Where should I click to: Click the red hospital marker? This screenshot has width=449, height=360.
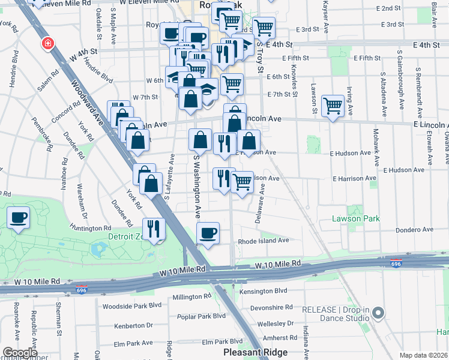click(47, 44)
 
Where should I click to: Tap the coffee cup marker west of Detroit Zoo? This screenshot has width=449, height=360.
click(19, 217)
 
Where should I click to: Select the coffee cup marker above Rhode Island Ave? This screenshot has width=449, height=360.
click(208, 233)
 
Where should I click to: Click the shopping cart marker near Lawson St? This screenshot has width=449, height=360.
click(333, 106)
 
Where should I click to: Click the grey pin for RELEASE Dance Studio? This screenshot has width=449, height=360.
click(378, 313)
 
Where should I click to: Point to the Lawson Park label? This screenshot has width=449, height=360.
click(356, 219)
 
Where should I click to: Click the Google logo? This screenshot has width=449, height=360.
click(20, 353)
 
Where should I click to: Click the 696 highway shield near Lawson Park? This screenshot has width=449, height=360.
click(396, 263)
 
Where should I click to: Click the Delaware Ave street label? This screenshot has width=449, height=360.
click(261, 204)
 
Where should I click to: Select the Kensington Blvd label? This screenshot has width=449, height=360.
click(264, 291)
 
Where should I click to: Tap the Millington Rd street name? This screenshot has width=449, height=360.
click(191, 296)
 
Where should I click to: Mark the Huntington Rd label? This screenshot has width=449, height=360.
click(91, 228)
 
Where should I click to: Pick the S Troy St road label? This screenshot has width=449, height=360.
click(261, 57)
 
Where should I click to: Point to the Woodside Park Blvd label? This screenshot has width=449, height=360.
click(132, 305)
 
